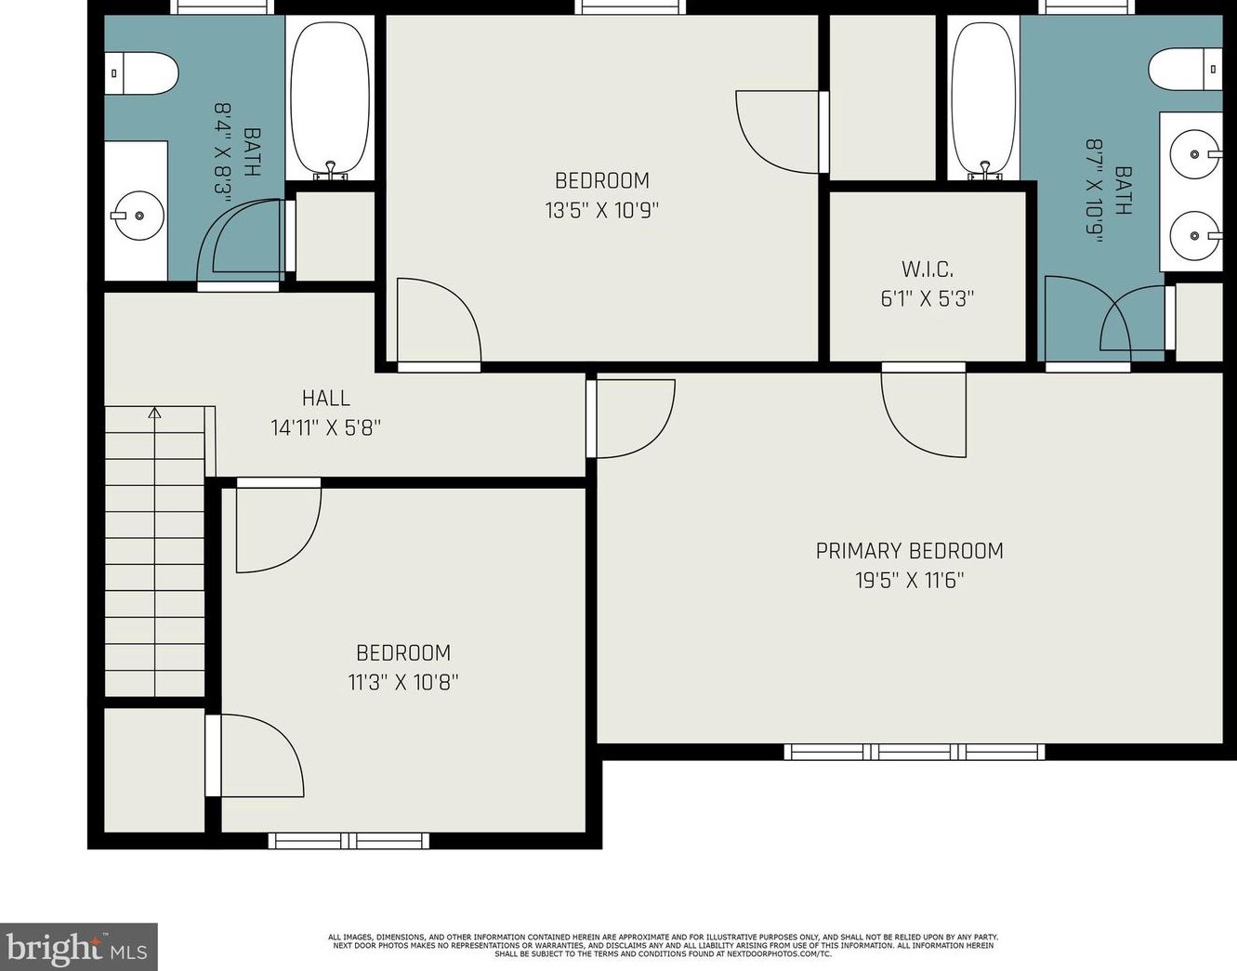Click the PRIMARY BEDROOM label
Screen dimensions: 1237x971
tap(909, 551)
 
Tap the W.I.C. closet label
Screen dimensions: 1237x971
tap(928, 269)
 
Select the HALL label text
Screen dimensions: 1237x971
tap(325, 398)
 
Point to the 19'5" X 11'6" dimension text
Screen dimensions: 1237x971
tap(910, 581)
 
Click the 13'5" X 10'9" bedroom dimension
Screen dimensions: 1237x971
tap(601, 211)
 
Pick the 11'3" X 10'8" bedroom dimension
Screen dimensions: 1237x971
tap(403, 682)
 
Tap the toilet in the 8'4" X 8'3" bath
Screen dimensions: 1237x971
tap(142, 72)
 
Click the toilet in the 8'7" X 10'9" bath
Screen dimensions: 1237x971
tap(1185, 69)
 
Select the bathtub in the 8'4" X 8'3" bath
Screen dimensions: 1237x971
tap(330, 97)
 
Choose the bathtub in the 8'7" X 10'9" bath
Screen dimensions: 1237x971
tap(984, 97)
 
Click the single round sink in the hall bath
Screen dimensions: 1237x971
tap(138, 216)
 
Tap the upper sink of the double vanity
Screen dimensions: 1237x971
tap(1195, 153)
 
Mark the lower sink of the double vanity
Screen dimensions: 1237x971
tap(1195, 236)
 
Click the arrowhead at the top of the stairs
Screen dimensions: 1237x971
tap(154, 413)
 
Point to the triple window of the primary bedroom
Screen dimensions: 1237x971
tap(915, 752)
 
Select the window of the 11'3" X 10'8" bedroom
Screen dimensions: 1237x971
tap(349, 841)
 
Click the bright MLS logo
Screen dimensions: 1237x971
tap(78, 947)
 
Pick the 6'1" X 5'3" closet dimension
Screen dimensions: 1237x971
tap(928, 299)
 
